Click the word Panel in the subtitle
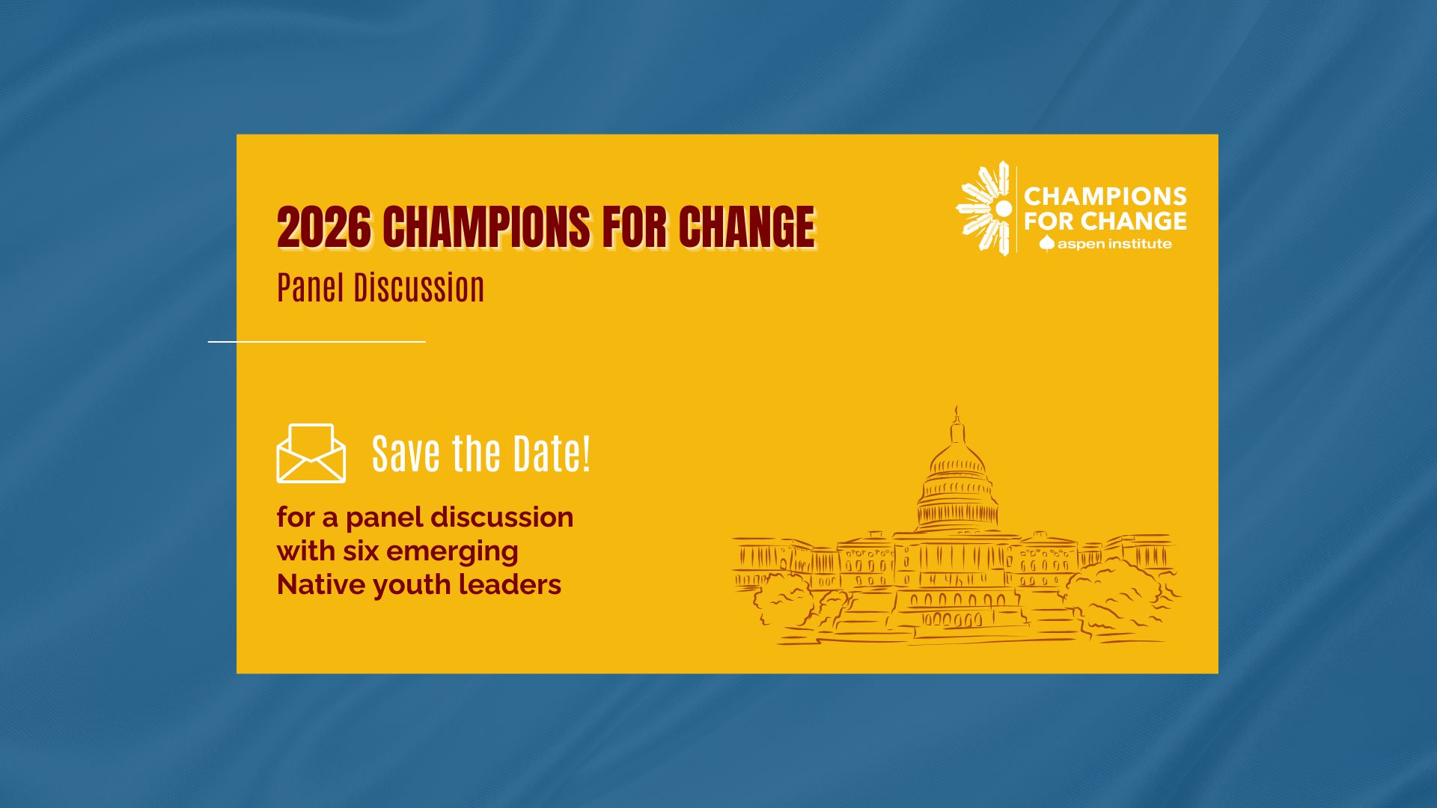[x=310, y=288]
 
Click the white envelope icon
[x=311, y=453]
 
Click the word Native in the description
[x=320, y=585]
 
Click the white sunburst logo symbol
[x=986, y=209]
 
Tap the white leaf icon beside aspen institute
[x=1046, y=243]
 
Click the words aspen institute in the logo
[x=1114, y=244]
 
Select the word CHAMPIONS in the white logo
[x=1105, y=196]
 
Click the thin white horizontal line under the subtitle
[x=317, y=342]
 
